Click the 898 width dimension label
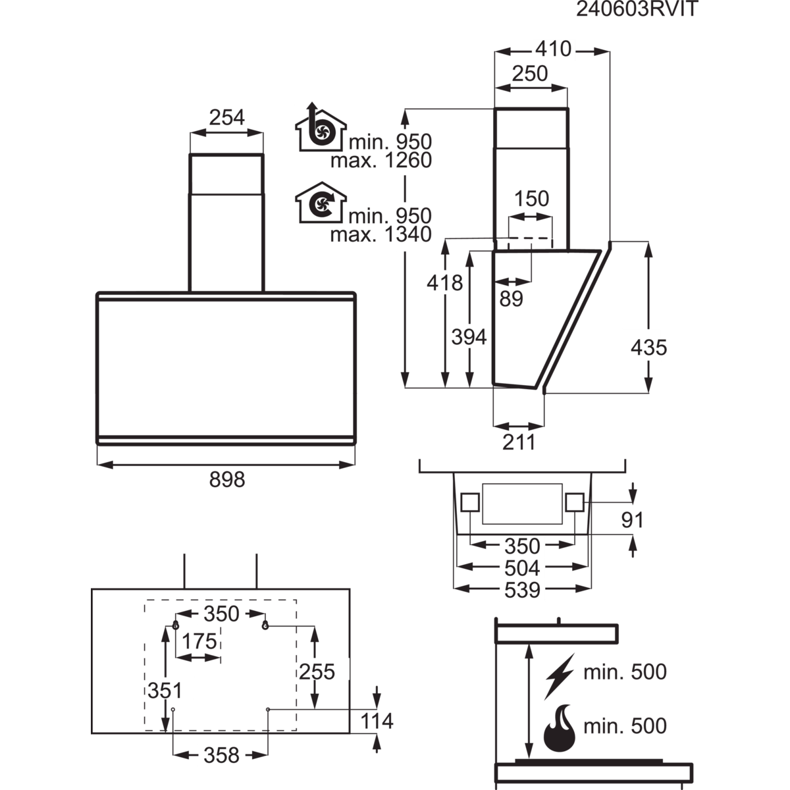tap(227, 479)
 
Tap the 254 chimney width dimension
tap(226, 117)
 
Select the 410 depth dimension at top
tap(554, 49)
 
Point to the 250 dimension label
tap(529, 74)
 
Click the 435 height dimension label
tap(648, 347)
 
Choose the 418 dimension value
tap(445, 283)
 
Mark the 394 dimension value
tap(469, 336)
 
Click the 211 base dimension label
tap(519, 442)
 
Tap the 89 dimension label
tap(511, 299)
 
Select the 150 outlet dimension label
tap(531, 199)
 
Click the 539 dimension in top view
tap(521, 590)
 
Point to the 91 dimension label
tap(632, 520)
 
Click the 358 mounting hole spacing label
tap(221, 754)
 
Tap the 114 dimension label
tap(376, 721)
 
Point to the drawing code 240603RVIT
tap(627, 9)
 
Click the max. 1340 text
tap(381, 234)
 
